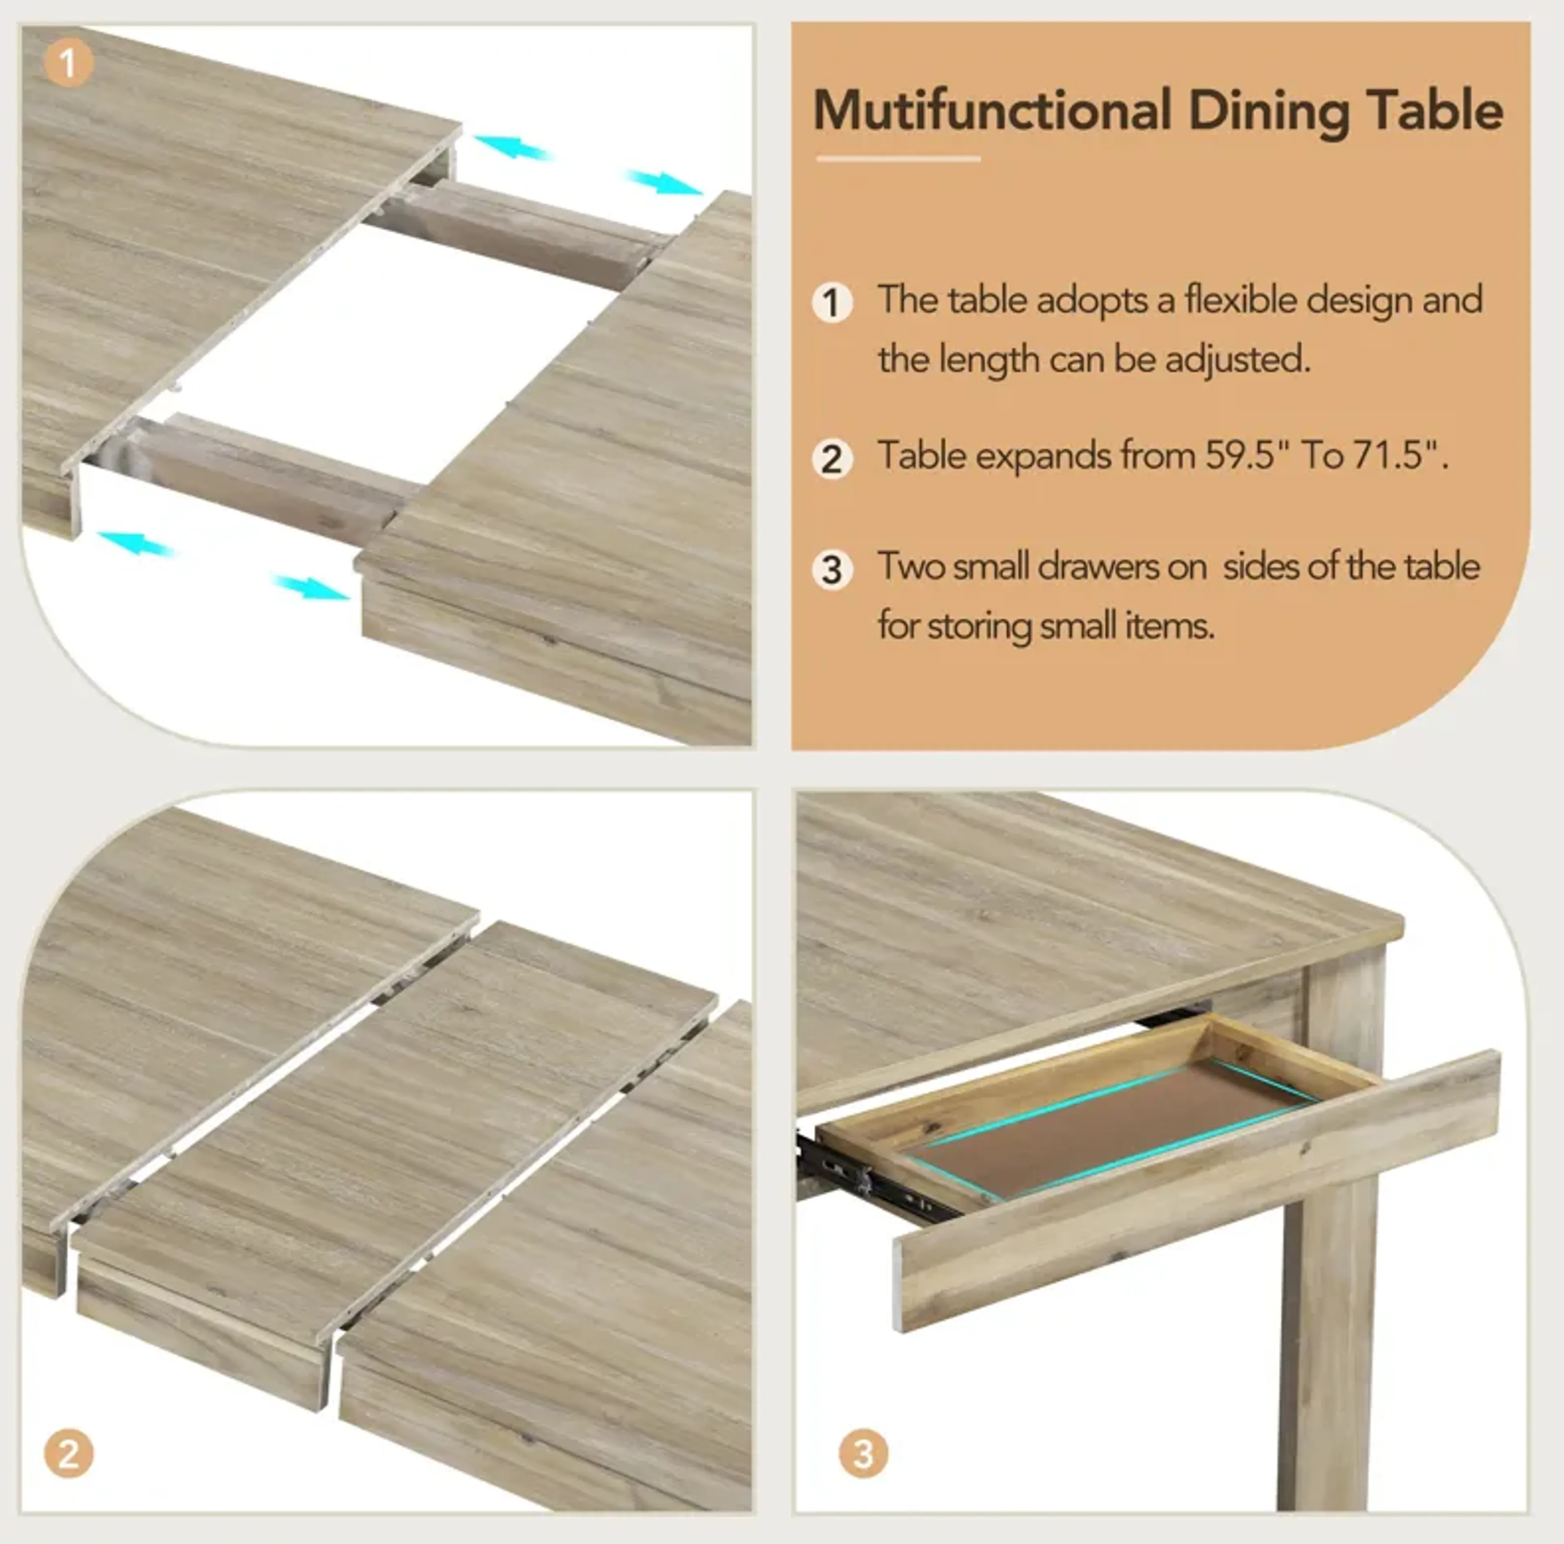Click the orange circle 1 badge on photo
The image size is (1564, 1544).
(x=68, y=62)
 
